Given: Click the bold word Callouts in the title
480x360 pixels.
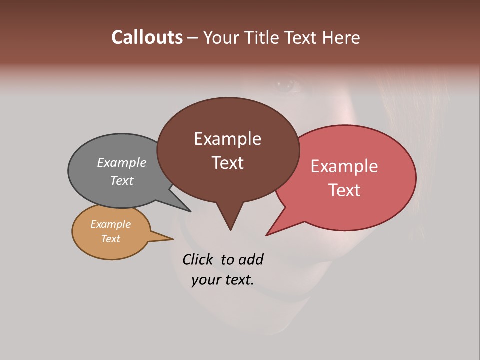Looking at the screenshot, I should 147,37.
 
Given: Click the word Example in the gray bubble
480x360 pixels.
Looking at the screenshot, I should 121,162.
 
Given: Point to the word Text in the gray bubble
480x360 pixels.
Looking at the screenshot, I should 121,180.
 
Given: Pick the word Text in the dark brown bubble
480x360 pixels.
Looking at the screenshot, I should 227,163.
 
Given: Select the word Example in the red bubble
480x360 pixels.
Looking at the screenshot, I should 344,166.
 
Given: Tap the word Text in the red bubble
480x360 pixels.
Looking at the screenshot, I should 345,190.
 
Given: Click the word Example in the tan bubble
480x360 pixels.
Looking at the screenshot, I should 110,224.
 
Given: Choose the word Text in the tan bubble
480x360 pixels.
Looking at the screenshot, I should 110,239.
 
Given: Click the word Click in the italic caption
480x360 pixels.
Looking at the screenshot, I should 198,259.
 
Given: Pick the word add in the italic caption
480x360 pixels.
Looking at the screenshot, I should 251,259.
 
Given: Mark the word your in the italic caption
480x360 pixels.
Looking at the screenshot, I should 205,280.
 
